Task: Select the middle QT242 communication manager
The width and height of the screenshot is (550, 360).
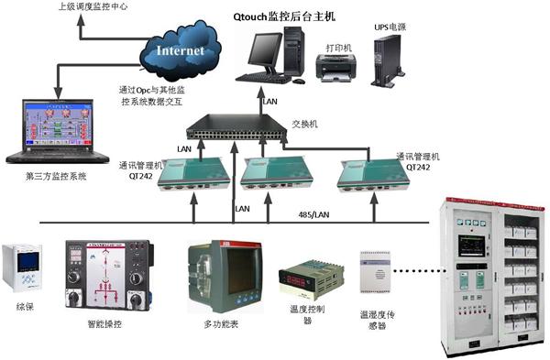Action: tap(274, 175)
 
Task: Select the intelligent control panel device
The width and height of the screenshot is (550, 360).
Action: tap(97, 275)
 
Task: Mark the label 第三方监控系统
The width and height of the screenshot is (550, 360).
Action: tap(57, 175)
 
